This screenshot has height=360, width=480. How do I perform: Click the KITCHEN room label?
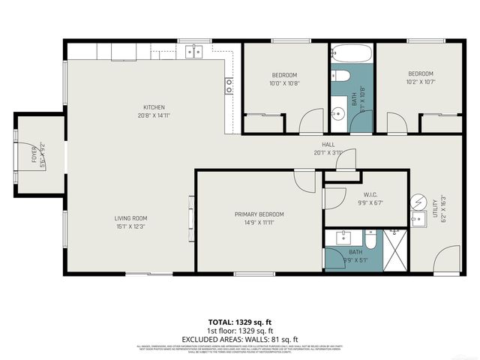coord(151,107)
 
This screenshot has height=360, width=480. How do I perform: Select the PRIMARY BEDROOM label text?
coord(259,214)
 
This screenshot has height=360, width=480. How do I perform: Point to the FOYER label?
coord(33,156)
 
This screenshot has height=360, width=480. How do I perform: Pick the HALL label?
coord(328,145)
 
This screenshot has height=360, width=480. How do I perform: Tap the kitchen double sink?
coord(193,51)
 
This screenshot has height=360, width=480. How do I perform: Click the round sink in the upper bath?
coord(338,115)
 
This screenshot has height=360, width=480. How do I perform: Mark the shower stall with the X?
coord(395,250)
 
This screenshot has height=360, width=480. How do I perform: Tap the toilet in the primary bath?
coord(370,239)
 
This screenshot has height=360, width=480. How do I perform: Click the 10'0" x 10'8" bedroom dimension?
coord(284,83)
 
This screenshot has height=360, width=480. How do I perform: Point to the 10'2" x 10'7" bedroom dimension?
coord(421,82)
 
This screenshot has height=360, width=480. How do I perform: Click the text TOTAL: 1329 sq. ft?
coord(239,322)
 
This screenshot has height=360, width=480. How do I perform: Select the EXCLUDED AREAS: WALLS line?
coord(239,338)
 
